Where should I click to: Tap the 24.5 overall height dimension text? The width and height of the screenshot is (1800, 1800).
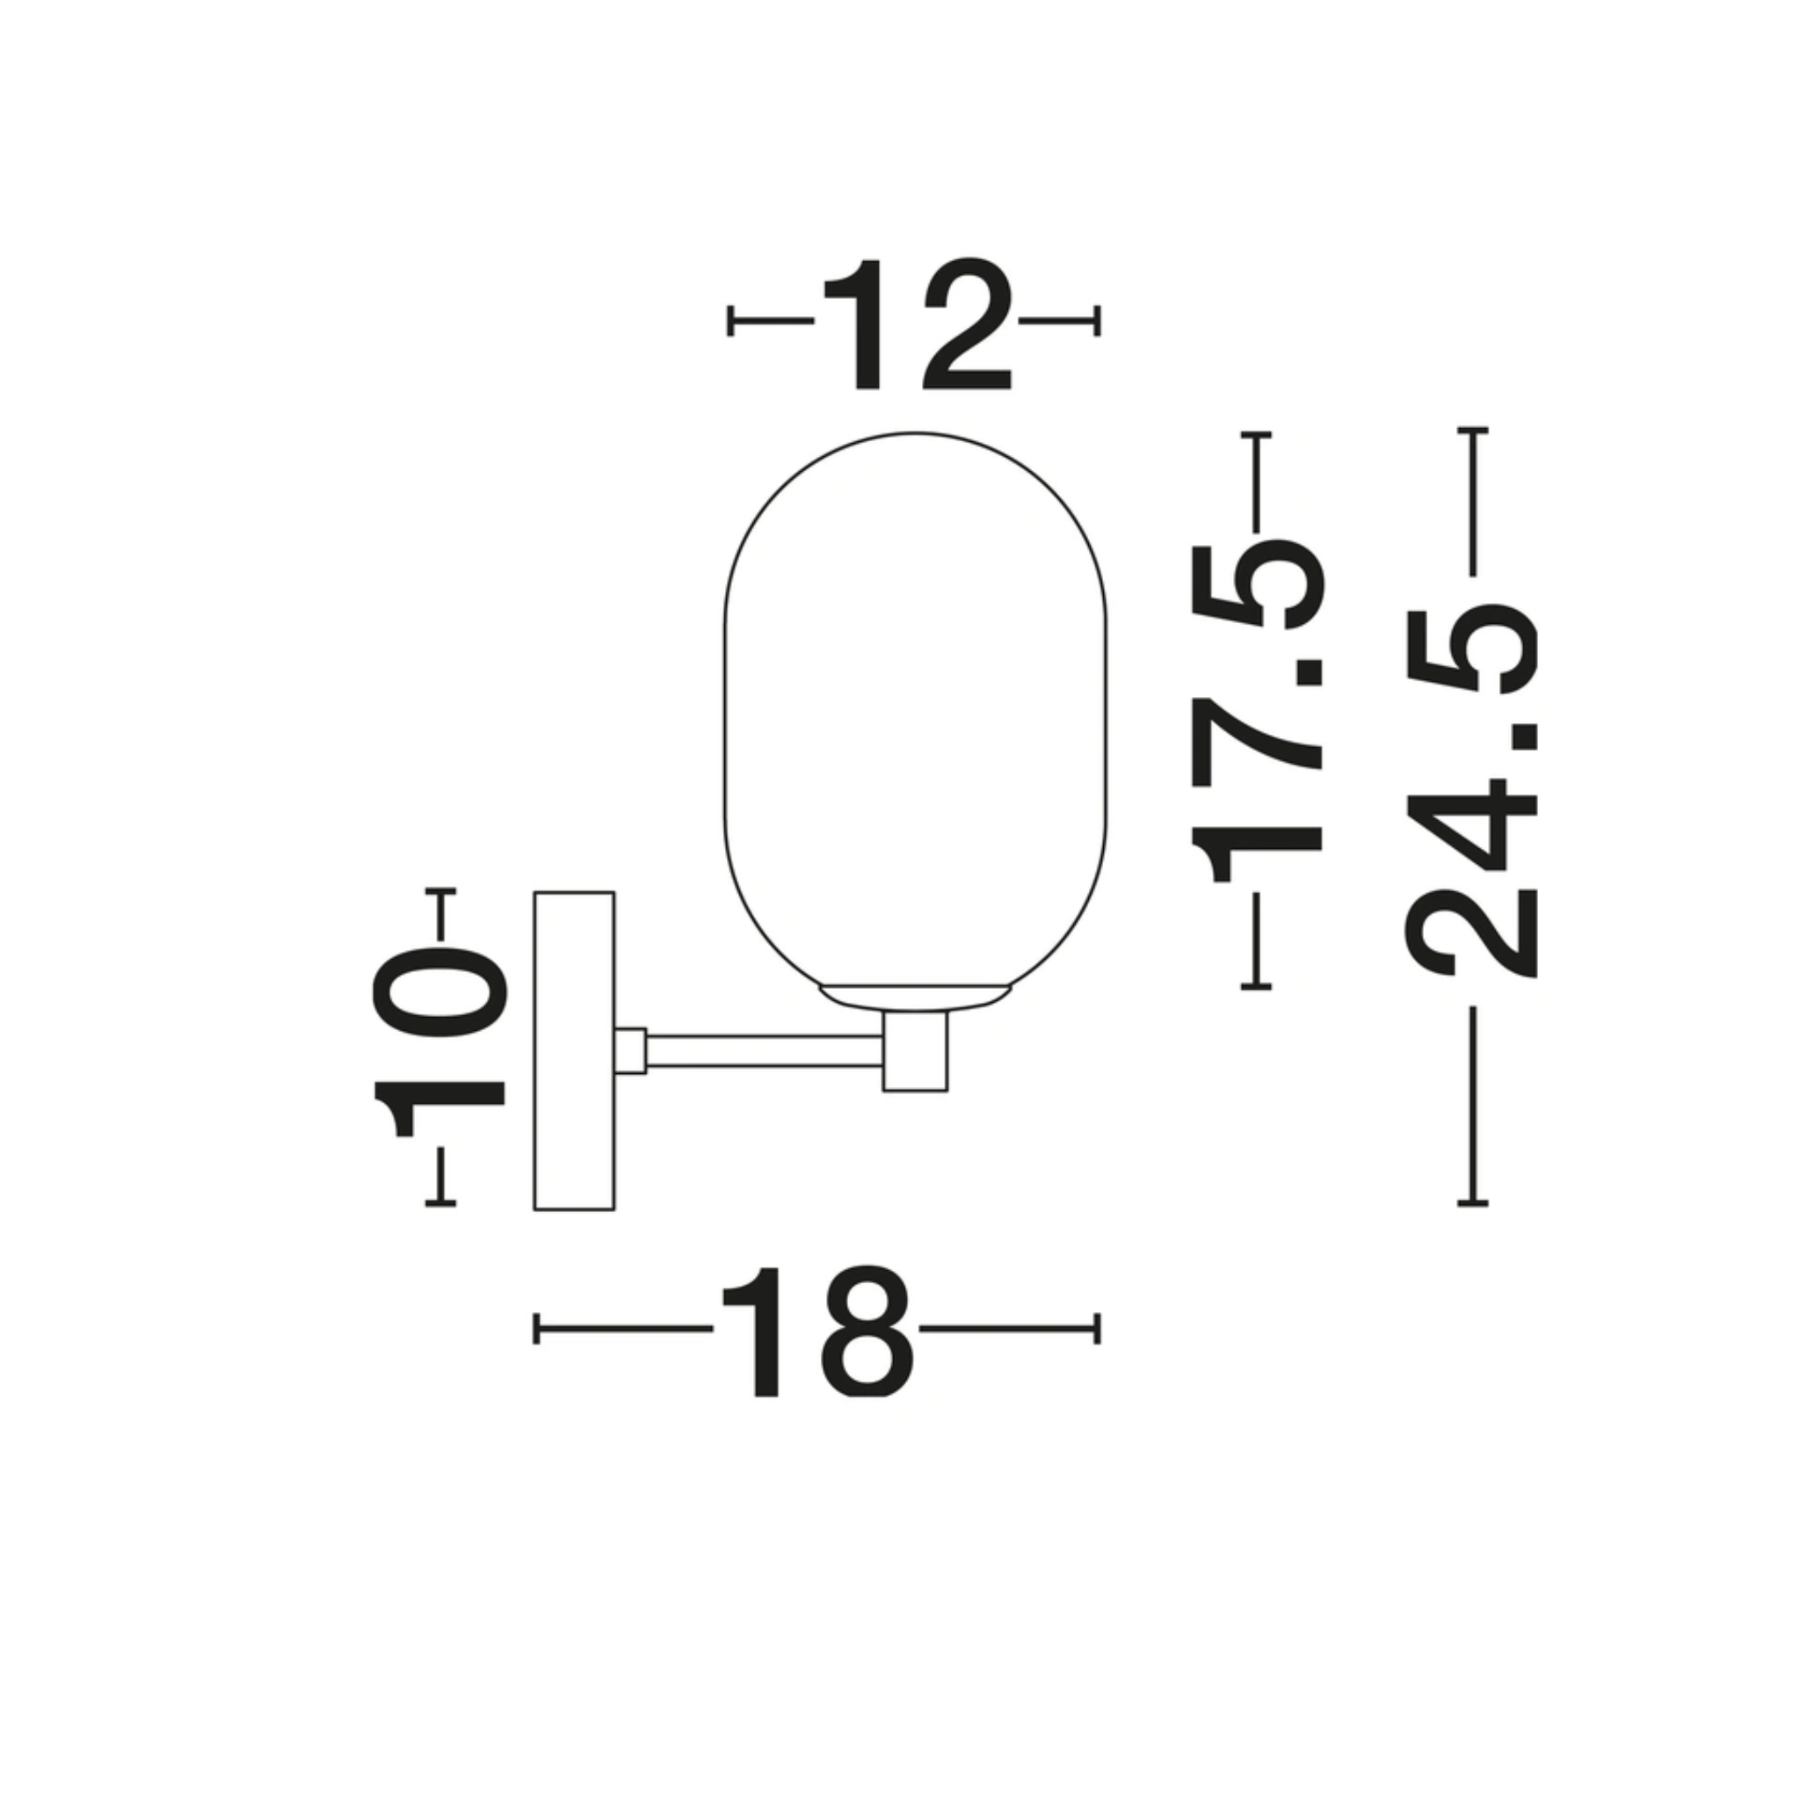coord(1471,791)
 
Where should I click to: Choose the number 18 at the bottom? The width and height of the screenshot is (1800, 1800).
coord(817,1331)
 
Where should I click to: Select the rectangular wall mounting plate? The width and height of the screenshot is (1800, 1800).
coord(574,1051)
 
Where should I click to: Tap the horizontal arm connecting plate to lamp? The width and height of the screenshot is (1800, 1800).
coord(765,1050)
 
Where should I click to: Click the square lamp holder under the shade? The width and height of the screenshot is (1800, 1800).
coord(915,1050)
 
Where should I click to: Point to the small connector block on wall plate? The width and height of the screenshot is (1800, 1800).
coord(631,1050)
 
